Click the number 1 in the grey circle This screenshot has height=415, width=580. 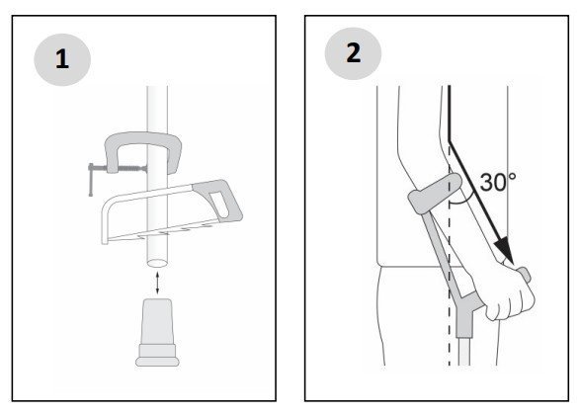[x=62, y=59]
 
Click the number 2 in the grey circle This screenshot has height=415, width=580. [x=354, y=53]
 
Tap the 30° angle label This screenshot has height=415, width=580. [x=498, y=182]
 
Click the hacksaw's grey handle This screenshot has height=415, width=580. [x=218, y=200]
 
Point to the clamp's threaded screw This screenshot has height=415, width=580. [x=131, y=169]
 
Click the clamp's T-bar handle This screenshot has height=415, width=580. [x=91, y=180]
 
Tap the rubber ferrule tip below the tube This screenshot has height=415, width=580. [x=157, y=332]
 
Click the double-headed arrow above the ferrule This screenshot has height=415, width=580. [x=157, y=283]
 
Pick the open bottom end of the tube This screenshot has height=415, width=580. [x=157, y=264]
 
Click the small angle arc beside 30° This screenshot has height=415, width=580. [x=461, y=201]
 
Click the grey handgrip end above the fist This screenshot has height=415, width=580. [x=525, y=274]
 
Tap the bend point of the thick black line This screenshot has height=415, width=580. [x=450, y=141]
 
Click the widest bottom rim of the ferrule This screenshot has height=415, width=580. [x=157, y=362]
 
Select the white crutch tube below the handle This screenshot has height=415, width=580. [x=464, y=352]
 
